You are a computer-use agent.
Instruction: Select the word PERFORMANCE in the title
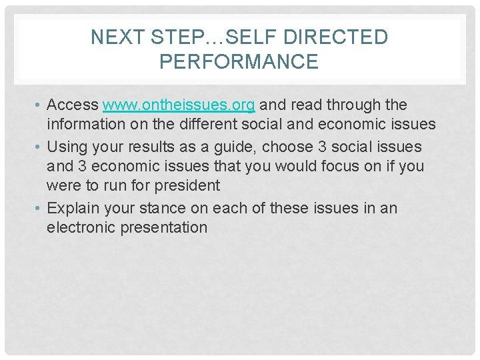239,62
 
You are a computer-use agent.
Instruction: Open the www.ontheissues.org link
179,105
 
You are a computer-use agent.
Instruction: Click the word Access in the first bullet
73,105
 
